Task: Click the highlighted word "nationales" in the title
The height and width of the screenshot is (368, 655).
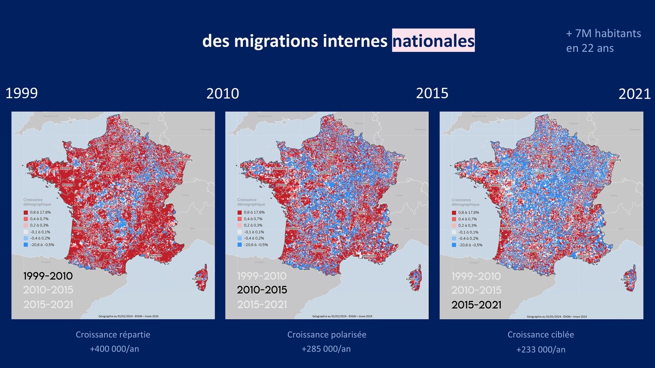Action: [x=433, y=41]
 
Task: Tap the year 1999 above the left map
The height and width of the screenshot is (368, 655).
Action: [x=21, y=94]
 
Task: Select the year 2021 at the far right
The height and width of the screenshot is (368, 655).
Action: [x=634, y=94]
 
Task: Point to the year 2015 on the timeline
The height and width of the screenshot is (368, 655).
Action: [x=432, y=93]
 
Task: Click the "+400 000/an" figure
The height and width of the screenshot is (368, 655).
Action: [x=113, y=349]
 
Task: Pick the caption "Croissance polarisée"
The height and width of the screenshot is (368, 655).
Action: [x=326, y=335]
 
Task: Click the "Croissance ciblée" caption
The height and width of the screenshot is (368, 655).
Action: [x=541, y=335]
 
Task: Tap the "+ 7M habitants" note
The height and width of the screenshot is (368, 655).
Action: [x=603, y=34]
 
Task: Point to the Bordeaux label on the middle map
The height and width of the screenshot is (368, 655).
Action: [x=293, y=229]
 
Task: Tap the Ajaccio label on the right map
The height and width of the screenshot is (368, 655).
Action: [x=625, y=279]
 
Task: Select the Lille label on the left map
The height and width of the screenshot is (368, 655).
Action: [x=125, y=119]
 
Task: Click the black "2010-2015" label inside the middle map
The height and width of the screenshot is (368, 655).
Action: [x=262, y=290]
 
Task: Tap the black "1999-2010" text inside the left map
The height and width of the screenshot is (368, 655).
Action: [x=48, y=276]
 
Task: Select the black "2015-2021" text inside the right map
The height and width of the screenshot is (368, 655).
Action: [x=476, y=305]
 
